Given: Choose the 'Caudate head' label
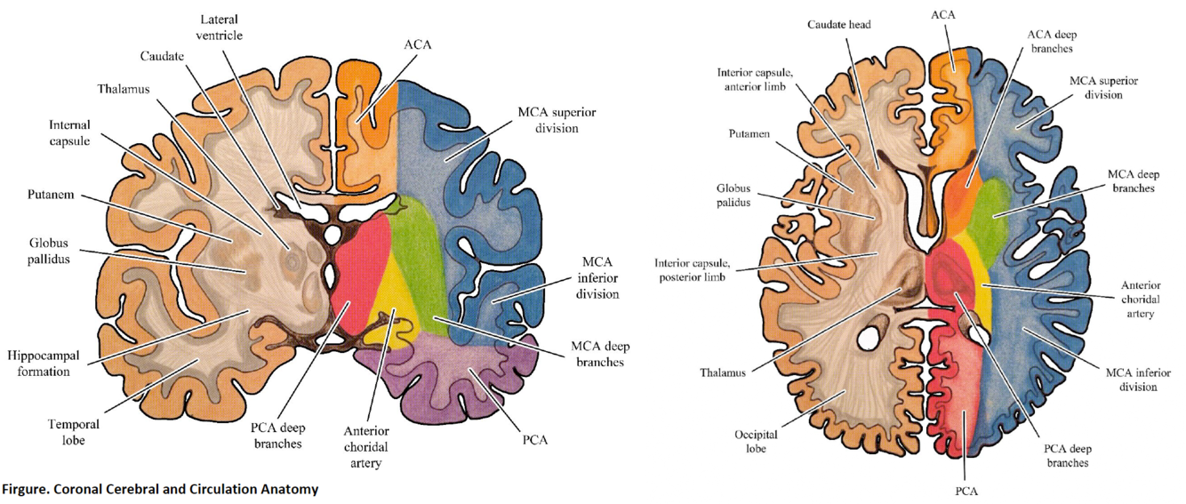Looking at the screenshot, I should [x=838, y=25].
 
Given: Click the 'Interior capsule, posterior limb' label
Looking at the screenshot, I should [x=693, y=270].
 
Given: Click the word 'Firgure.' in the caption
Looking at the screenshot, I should [x=25, y=489].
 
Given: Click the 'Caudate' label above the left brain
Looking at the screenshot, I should [x=162, y=56].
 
